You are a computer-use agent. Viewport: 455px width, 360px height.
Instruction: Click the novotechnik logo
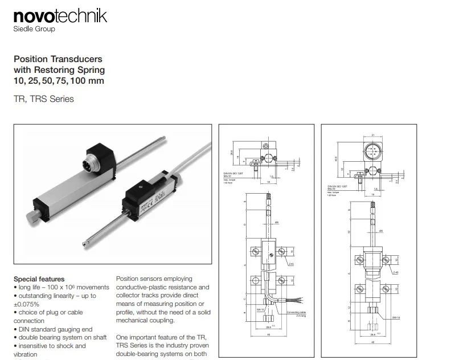point(60,15)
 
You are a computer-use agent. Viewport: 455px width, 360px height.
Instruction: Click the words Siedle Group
point(34,29)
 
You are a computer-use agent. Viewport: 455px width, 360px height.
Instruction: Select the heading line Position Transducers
point(58,59)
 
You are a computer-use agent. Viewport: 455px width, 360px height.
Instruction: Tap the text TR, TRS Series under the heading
point(43,99)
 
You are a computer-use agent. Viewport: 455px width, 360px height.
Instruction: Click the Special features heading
point(39,279)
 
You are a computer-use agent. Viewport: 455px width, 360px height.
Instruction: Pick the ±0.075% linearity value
point(26,304)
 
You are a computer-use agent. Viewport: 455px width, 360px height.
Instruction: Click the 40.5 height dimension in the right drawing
point(337,158)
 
